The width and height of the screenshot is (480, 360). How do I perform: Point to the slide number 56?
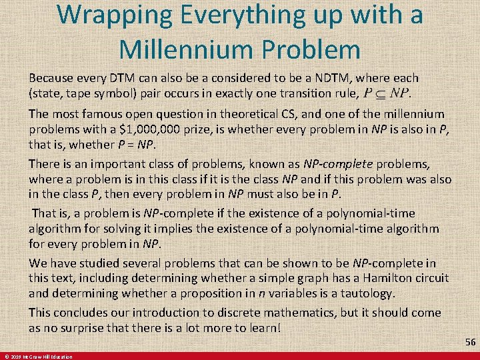[x=470, y=341]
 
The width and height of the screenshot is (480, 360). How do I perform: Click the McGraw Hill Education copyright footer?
[x=39, y=357]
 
